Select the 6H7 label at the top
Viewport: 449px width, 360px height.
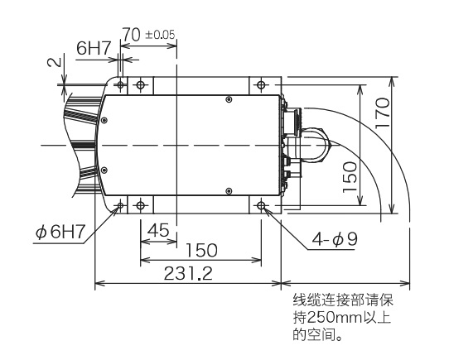click(x=94, y=49)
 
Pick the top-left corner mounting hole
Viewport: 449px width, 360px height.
click(x=121, y=85)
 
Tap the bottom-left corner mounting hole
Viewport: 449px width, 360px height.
click(x=121, y=204)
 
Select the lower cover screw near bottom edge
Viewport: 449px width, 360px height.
click(x=229, y=190)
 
